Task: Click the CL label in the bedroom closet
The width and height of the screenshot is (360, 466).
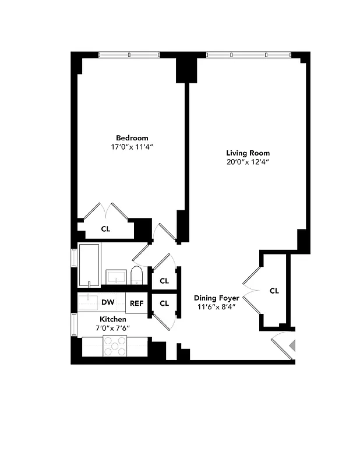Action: click(105, 229)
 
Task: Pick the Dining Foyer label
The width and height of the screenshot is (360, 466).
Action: click(217, 298)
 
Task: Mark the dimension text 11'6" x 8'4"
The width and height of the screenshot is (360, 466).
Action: click(217, 307)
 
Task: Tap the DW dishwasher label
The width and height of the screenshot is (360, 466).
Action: click(107, 302)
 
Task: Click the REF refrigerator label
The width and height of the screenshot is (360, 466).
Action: click(136, 303)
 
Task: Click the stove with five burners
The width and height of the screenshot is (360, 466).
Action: click(115, 347)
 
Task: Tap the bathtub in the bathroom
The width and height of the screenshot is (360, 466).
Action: click(89, 265)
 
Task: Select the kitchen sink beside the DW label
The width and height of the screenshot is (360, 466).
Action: click(89, 302)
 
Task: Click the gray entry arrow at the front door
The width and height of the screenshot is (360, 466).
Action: click(292, 345)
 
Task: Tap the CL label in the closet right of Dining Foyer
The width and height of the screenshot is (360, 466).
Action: click(274, 290)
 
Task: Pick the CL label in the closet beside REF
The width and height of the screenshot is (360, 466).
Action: click(164, 303)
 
